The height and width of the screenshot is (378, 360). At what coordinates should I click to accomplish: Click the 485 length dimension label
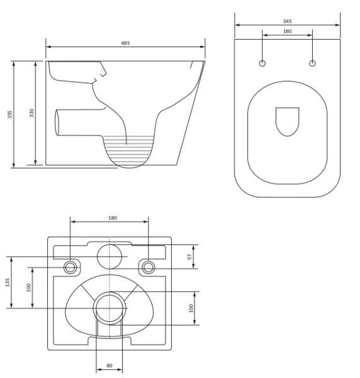(125, 43)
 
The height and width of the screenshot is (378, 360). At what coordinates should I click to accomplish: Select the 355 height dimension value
(9, 114)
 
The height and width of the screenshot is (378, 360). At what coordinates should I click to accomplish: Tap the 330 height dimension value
(31, 113)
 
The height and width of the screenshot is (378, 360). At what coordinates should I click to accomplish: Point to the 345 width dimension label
(287, 21)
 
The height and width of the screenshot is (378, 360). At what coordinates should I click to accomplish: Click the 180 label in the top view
(287, 31)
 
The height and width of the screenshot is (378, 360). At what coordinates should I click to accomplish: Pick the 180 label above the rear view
(113, 218)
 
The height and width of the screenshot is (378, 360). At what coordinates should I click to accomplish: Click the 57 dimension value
(190, 256)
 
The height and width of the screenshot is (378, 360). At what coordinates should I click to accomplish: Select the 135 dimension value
(8, 282)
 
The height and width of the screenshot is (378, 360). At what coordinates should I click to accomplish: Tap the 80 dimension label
(110, 365)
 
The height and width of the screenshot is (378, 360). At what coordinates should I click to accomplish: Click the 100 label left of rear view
(29, 288)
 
